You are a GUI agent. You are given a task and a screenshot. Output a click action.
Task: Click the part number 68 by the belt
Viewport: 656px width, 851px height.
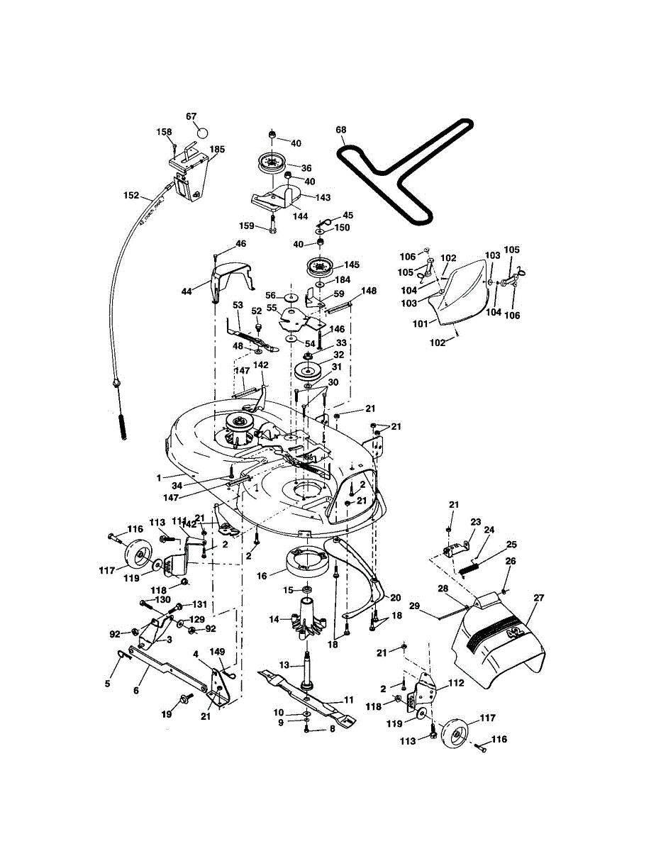[341, 130]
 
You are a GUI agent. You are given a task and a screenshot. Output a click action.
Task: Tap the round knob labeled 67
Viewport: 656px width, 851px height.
[201, 133]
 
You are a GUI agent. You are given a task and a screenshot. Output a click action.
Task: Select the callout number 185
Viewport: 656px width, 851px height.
[217, 150]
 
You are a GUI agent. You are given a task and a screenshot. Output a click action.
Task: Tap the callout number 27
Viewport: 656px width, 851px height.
[538, 598]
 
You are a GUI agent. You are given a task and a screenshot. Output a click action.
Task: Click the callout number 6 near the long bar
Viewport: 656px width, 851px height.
[135, 689]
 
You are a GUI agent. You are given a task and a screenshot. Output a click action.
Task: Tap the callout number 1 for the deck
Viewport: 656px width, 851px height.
[160, 477]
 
